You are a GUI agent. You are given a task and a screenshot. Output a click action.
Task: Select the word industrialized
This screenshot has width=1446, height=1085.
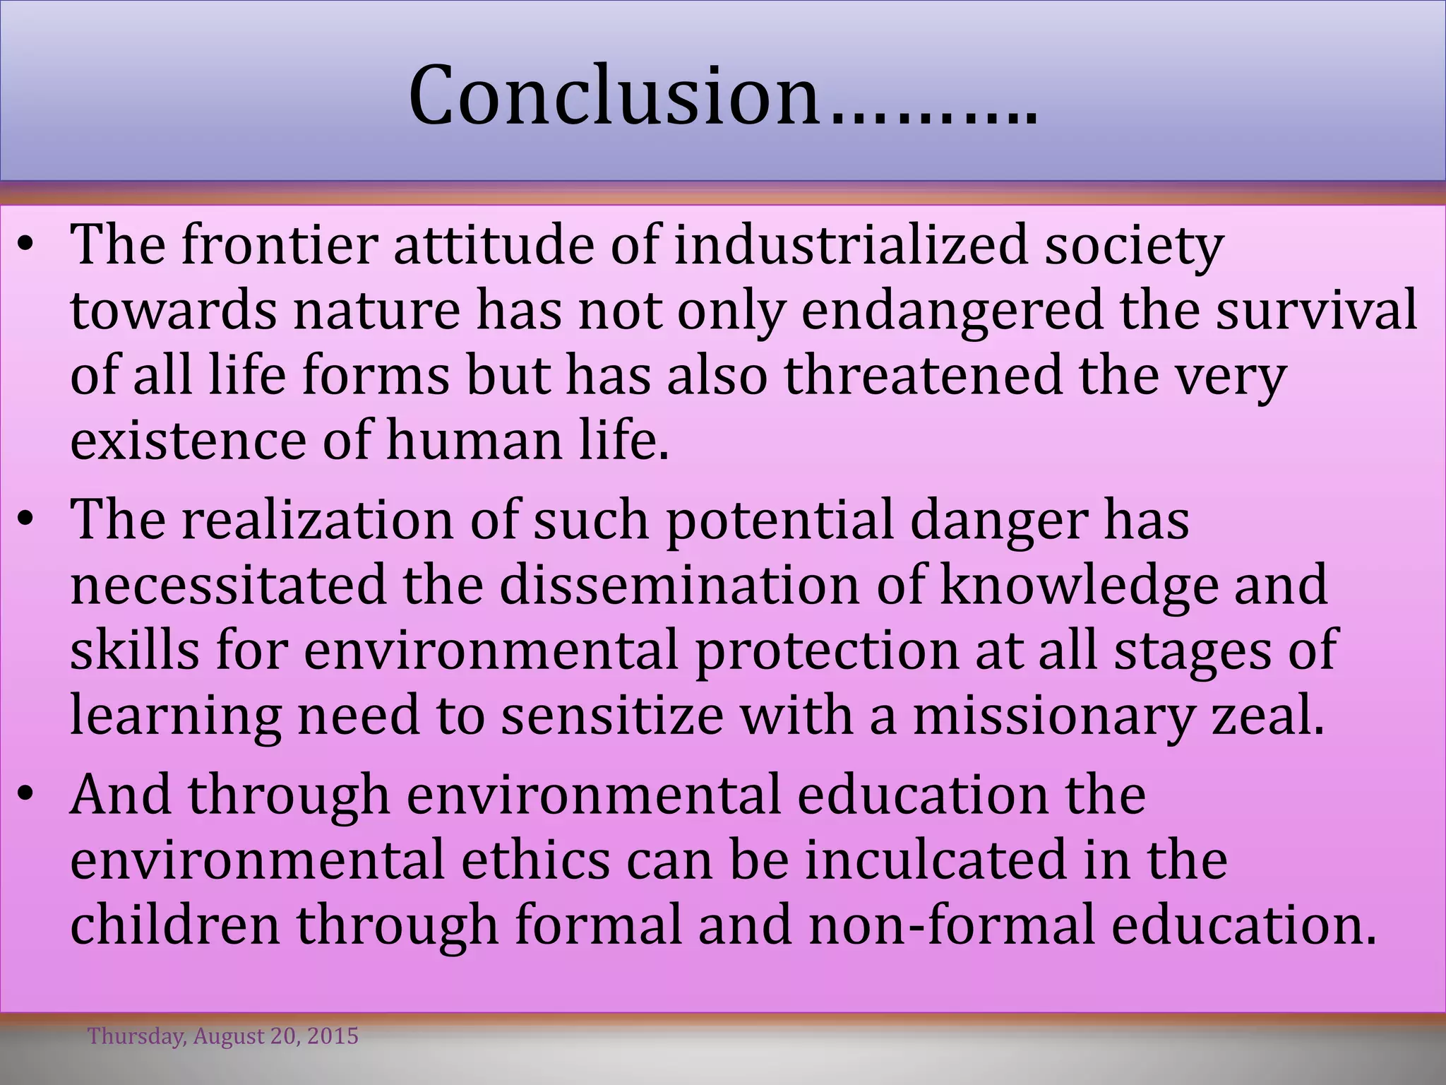850,244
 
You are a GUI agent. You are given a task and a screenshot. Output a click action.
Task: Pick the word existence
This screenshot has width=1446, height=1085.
188,439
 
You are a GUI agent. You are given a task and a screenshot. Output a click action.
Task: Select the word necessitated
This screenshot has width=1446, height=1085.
229,584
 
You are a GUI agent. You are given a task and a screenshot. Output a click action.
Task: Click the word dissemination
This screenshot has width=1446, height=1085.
679,584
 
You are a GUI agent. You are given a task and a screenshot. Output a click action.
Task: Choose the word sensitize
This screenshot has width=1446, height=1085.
612,715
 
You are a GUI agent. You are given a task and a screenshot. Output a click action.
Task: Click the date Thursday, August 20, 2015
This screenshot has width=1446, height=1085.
223,1036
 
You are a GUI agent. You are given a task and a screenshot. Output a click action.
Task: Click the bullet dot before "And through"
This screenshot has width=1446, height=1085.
26,796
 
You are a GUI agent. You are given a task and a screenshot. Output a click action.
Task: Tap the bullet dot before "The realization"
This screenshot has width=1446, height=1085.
26,521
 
